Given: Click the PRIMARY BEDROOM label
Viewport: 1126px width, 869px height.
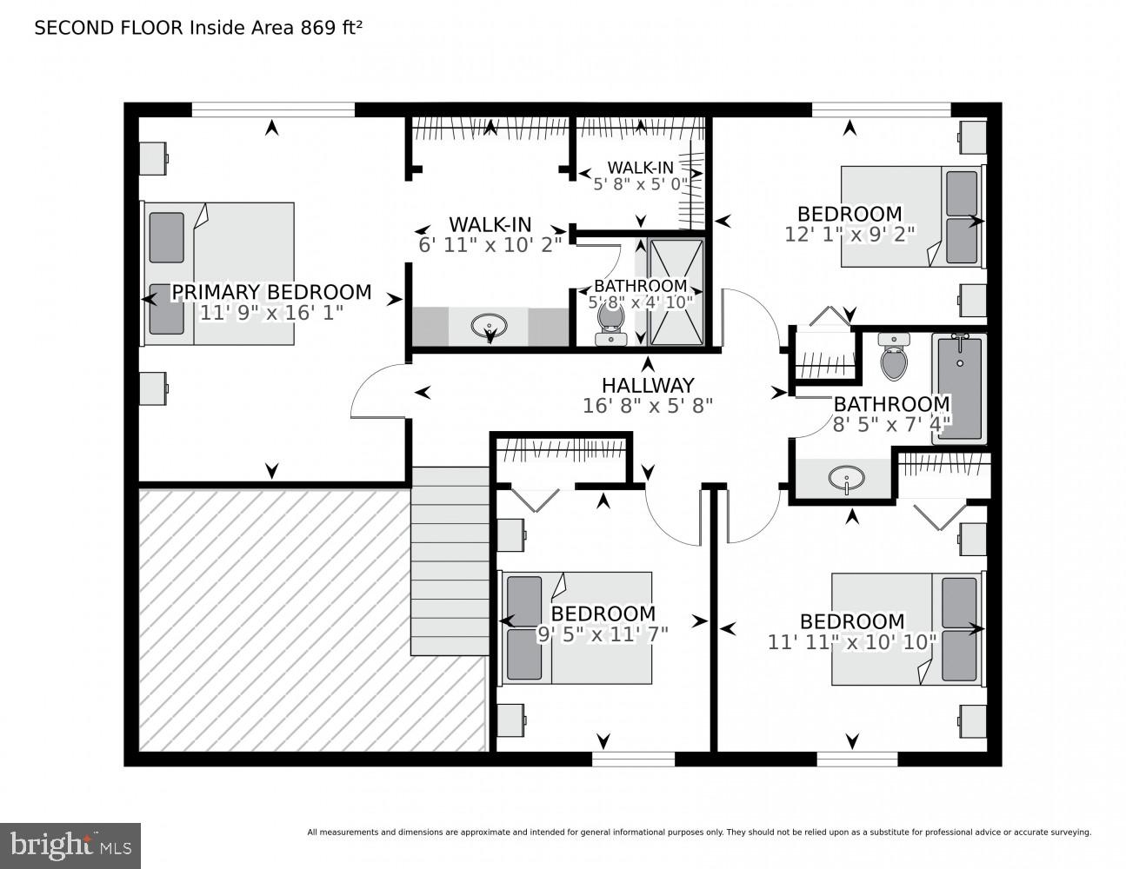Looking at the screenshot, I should pos(271,292).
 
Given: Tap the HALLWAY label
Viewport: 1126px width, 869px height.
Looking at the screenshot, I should pos(648,385).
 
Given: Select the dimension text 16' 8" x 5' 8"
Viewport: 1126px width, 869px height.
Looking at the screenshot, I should pos(648,405).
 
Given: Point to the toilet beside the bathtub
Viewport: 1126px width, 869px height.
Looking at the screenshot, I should pos(893,357).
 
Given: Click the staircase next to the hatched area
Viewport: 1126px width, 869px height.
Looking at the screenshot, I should pos(450,561).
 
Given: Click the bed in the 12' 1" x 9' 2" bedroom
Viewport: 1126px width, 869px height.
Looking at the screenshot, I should pos(911,216).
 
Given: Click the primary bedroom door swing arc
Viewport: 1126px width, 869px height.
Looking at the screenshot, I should pos(376,391).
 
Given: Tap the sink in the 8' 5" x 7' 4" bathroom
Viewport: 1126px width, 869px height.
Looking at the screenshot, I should pos(846,478).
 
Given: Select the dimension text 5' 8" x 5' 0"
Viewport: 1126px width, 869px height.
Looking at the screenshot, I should pos(640,184).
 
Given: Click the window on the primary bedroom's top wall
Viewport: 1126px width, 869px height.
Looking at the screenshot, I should pos(273,109).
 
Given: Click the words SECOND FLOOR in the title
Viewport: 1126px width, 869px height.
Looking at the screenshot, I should pos(109,28).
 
